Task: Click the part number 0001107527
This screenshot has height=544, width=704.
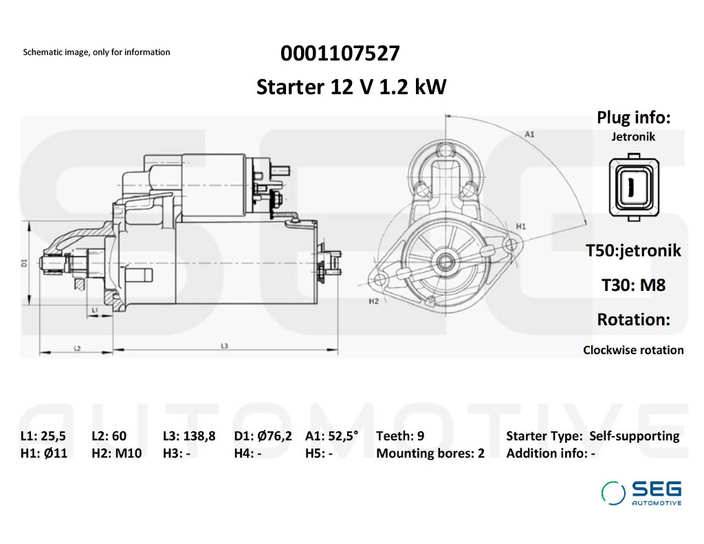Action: click(340, 54)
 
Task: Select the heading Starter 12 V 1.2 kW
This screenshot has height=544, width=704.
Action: click(351, 87)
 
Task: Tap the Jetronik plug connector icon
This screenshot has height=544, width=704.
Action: click(633, 186)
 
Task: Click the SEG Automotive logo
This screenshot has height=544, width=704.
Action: click(641, 492)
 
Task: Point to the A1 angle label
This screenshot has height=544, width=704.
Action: click(529, 135)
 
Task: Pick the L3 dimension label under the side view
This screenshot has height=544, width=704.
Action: click(224, 346)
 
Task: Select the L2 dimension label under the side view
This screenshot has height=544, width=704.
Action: click(77, 349)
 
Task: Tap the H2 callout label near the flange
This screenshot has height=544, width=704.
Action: click(374, 301)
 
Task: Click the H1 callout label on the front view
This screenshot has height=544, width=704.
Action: click(520, 226)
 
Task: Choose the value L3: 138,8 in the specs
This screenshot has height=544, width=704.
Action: click(189, 435)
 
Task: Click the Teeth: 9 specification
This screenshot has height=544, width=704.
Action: click(400, 435)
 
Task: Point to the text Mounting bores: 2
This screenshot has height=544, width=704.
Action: click(430, 453)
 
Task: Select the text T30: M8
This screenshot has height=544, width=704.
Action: click(633, 285)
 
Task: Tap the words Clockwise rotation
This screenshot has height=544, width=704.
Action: click(633, 350)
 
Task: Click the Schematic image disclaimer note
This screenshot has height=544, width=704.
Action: click(96, 52)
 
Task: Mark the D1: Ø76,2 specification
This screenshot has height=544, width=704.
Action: click(263, 435)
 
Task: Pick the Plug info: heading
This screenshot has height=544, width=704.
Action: click(633, 118)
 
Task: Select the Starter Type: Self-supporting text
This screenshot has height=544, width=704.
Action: click(593, 435)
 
